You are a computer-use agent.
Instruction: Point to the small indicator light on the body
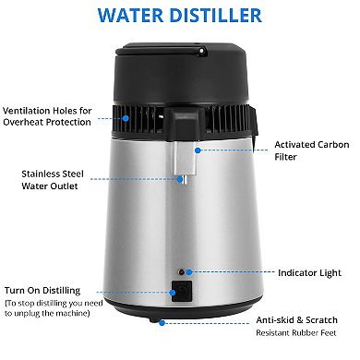click(184, 273)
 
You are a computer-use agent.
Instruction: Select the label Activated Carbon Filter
click(309, 151)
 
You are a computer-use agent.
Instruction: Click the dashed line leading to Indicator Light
click(226, 273)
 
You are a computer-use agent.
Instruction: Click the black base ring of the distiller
click(180, 314)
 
